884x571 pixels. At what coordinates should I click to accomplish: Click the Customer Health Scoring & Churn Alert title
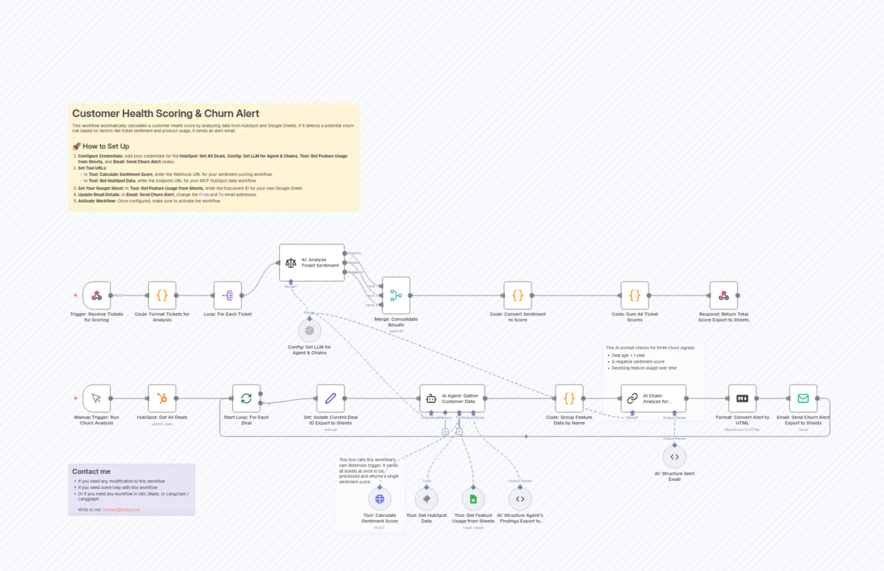(165, 114)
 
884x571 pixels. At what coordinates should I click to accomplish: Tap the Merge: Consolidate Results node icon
(396, 295)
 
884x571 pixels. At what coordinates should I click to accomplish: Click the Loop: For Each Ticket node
(227, 295)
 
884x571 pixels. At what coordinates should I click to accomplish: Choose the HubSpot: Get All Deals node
(162, 398)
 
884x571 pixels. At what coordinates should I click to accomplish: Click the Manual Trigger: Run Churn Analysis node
(97, 398)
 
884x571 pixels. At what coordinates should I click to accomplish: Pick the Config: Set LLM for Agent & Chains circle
(309, 330)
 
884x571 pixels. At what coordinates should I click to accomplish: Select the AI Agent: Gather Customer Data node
(452, 398)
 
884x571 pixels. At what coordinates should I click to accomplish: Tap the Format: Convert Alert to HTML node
(742, 398)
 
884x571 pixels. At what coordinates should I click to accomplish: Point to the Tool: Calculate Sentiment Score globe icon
(379, 499)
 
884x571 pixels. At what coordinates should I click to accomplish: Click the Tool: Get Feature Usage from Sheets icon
(473, 499)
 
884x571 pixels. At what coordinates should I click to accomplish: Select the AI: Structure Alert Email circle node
(674, 457)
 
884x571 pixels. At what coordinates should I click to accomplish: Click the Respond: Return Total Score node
(724, 295)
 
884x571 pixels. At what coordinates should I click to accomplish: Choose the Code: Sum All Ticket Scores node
(634, 295)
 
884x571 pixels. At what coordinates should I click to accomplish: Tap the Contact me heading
(91, 471)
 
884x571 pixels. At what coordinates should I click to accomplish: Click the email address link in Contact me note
(121, 509)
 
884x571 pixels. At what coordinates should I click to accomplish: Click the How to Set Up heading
(106, 146)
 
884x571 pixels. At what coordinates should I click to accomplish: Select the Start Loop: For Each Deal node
(246, 398)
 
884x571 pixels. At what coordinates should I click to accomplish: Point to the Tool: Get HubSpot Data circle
(426, 499)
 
